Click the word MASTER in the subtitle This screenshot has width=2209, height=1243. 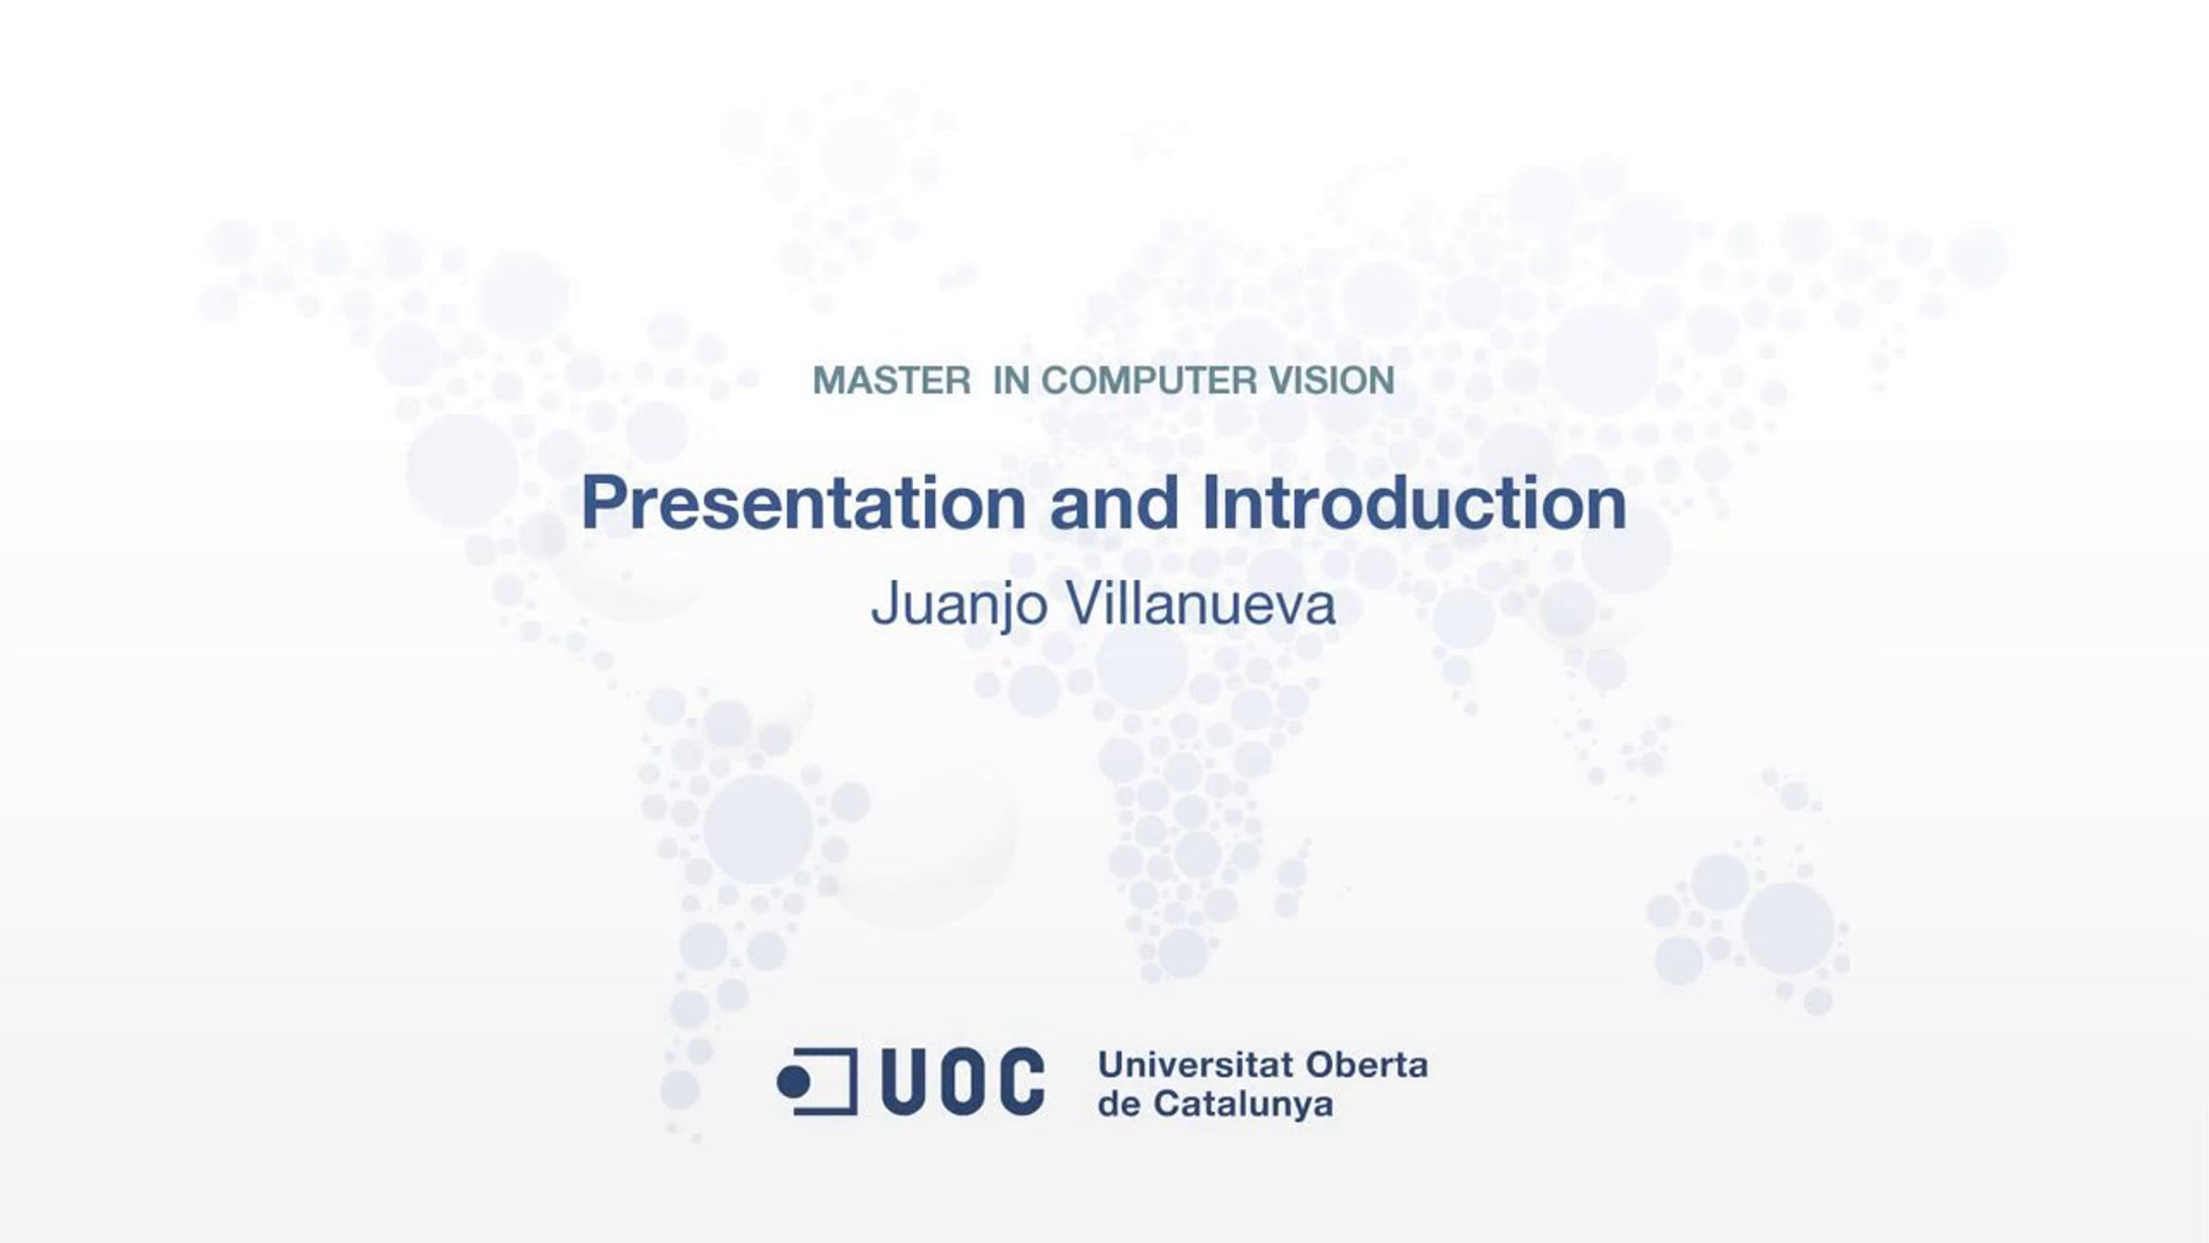[891, 380]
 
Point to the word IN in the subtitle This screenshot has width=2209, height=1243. [1012, 380]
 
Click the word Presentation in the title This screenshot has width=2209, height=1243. [804, 503]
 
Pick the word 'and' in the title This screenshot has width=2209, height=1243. [1114, 503]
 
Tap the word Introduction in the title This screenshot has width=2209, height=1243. [1415, 503]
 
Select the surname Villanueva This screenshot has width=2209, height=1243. [1200, 604]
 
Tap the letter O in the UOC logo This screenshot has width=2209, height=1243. [963, 1081]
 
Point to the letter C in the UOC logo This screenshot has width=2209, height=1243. [1021, 1081]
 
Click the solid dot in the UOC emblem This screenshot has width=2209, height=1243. [793, 1083]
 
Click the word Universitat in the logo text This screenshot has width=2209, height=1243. [1197, 1065]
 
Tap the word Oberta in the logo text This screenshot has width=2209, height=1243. [1367, 1065]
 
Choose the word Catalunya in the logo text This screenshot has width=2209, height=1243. [1243, 1105]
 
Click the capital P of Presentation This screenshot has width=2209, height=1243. [604, 503]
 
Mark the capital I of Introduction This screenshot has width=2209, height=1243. [1210, 503]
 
